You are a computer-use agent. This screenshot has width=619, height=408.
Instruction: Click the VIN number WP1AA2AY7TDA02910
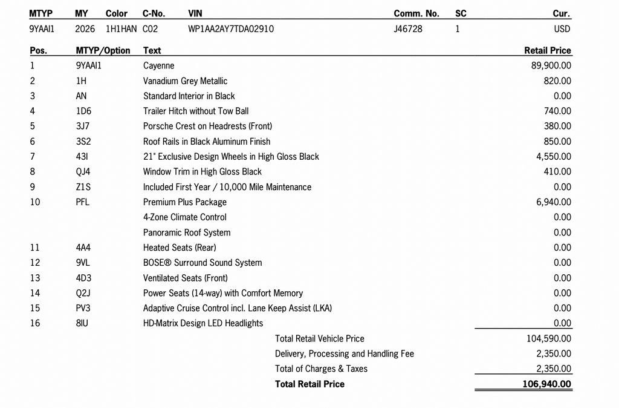231,28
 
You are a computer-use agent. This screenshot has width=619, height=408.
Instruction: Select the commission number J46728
408,28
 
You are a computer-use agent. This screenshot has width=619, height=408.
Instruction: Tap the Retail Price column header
548,51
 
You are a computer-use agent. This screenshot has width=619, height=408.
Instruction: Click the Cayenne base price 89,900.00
551,66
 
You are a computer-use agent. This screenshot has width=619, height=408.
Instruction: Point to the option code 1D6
83,111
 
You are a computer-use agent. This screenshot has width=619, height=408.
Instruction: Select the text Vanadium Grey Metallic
185,81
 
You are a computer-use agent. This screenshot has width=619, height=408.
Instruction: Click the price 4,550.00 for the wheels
553,157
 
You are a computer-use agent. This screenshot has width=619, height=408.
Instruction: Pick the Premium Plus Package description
185,202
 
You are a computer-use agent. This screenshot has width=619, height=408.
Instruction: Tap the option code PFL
83,202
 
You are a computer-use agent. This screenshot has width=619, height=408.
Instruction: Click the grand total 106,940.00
546,384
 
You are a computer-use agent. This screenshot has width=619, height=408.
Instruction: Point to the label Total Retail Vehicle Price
320,339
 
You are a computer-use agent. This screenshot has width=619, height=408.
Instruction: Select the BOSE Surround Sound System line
203,263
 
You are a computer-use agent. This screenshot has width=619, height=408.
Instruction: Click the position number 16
35,323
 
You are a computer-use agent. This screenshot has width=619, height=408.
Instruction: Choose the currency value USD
562,28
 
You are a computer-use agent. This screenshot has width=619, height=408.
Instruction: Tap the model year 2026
85,28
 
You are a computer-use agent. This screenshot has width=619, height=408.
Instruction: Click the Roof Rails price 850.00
557,142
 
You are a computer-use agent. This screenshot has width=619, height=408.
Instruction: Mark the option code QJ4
83,172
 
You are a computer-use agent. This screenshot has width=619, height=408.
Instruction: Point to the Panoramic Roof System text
187,232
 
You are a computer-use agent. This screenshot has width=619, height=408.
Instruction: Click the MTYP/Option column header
103,51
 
